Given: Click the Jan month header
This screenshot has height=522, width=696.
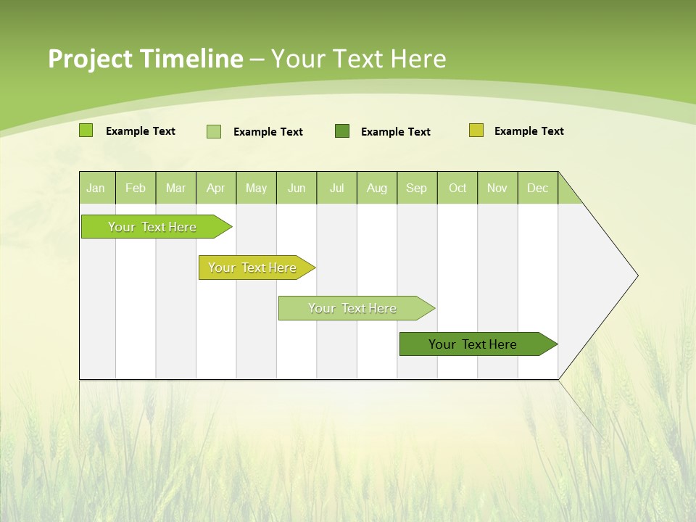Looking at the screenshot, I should click(x=96, y=188).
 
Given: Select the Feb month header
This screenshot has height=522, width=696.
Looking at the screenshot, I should click(x=136, y=188).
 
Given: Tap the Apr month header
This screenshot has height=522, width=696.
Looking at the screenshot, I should click(x=215, y=188).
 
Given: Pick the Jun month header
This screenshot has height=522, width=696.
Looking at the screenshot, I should click(x=297, y=188).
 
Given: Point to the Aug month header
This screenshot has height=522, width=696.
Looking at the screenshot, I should click(x=376, y=188).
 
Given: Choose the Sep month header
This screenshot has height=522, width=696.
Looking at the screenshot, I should click(x=416, y=188).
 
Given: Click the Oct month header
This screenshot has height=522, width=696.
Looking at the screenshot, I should click(x=457, y=188).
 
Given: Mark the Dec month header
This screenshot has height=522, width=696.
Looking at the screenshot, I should click(x=537, y=188).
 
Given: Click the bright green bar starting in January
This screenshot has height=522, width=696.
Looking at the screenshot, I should click(x=153, y=227).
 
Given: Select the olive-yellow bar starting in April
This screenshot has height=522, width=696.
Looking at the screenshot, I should click(x=253, y=268).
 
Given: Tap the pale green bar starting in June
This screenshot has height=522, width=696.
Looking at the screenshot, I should click(x=353, y=308).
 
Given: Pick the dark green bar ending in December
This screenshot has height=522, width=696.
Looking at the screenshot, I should click(x=473, y=344).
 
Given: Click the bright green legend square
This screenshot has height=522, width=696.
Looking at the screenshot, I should click(x=86, y=130).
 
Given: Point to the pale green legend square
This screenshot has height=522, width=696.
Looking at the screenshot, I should click(x=214, y=131).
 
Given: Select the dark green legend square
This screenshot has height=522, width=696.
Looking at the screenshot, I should click(x=342, y=131).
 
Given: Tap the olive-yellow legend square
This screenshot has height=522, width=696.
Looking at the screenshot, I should click(x=476, y=130).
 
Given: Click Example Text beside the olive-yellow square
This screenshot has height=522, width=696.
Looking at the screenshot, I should click(x=529, y=131).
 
